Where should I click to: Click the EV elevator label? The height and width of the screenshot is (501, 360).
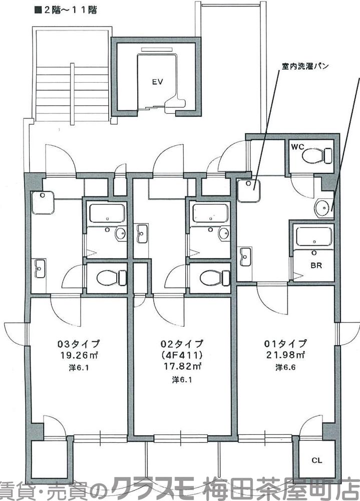[158, 81]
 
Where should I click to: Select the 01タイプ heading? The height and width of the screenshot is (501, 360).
[285, 344]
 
